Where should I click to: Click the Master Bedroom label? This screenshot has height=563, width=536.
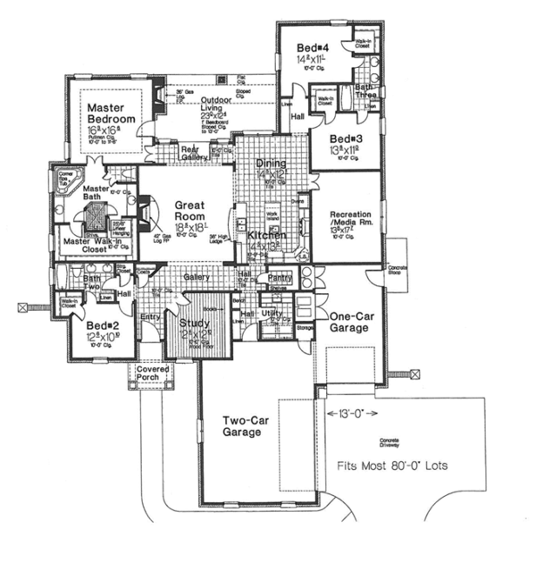(x=111, y=113)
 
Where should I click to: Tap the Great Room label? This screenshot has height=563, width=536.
(x=189, y=210)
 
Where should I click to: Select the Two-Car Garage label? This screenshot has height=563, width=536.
(x=242, y=426)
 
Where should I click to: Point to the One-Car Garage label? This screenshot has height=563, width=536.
(x=349, y=322)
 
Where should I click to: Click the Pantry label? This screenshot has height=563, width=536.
(x=281, y=279)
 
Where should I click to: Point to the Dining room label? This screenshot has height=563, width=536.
(x=272, y=164)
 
